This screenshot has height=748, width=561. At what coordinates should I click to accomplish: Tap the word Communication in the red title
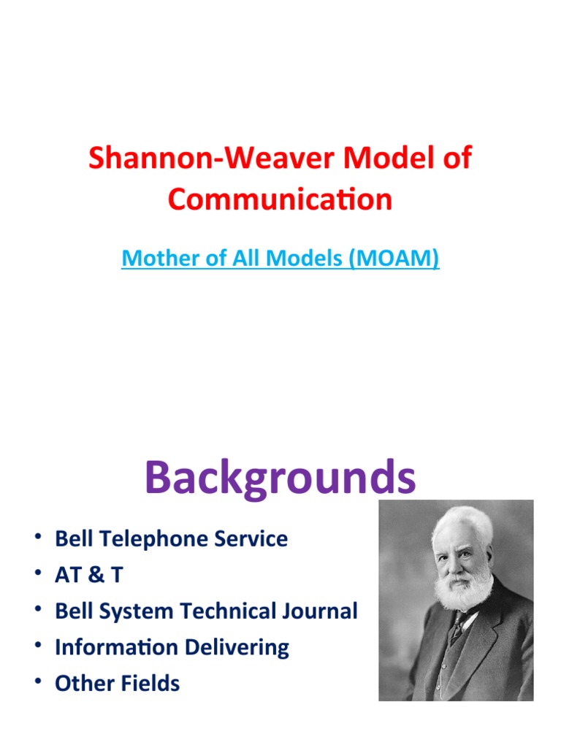280,199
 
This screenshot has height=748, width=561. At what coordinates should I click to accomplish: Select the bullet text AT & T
88,575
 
